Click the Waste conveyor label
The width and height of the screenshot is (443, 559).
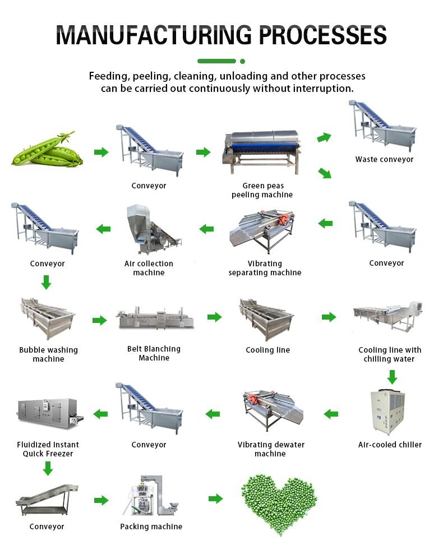point(384,159)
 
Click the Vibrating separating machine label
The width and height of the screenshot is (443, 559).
point(265,268)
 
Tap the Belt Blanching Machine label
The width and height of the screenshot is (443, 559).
point(154,353)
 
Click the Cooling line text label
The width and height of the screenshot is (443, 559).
point(267,350)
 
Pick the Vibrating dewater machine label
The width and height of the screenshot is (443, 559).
point(271,449)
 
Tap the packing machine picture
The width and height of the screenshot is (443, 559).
point(150,497)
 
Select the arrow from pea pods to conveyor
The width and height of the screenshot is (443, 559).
point(101,152)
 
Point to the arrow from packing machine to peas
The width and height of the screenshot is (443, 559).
point(216,498)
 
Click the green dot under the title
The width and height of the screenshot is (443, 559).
point(242,61)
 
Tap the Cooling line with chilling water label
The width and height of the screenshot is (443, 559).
point(390,354)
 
